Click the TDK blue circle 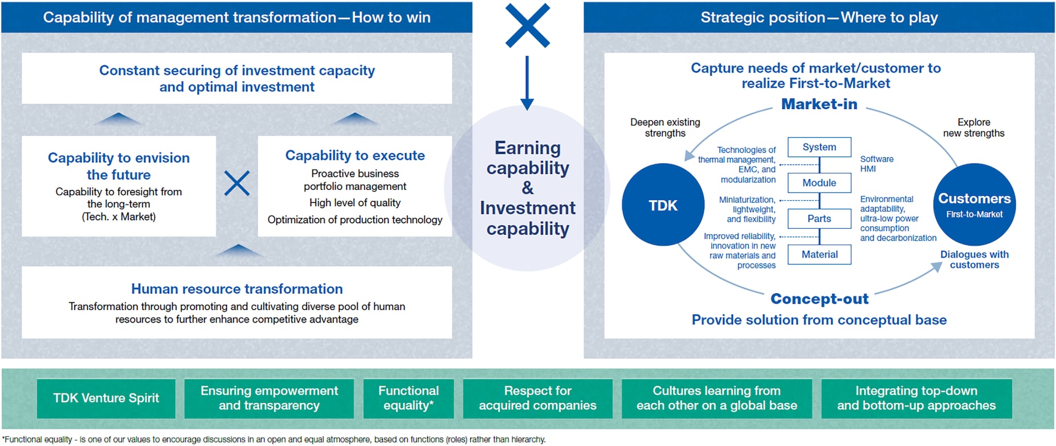click(663, 205)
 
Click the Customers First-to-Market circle click(975, 205)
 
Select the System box click(819, 147)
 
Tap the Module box click(819, 183)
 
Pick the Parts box click(819, 219)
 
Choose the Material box click(819, 254)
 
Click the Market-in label click(819, 104)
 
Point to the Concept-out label click(819, 299)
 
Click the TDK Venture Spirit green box click(106, 399)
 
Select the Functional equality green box click(408, 399)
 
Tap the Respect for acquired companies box click(538, 399)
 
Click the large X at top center click(527, 25)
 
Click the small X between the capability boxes click(237, 183)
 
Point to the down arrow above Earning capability click(527, 83)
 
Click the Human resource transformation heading click(237, 289)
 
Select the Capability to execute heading click(355, 155)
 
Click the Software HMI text click(877, 164)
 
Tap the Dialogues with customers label click(975, 259)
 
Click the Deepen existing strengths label click(665, 127)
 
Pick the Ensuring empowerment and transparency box click(269, 399)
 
